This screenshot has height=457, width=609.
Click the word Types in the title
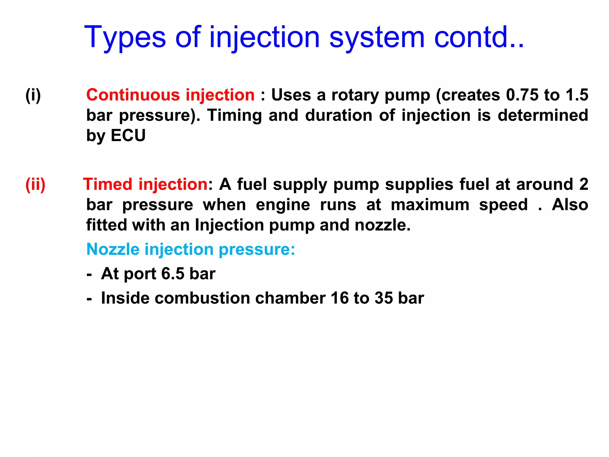coord(125,38)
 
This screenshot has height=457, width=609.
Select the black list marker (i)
coord(33,95)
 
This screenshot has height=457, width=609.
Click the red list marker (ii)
coord(35,185)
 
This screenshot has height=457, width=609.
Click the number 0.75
coord(522,95)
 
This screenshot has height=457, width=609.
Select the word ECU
coord(128,136)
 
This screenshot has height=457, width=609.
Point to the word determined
coord(543,115)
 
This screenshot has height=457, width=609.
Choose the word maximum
coord(430,205)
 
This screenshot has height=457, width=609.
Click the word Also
coord(570,205)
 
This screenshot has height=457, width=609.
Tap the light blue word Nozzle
coord(113,249)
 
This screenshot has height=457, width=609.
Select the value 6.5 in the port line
coord(173,274)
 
